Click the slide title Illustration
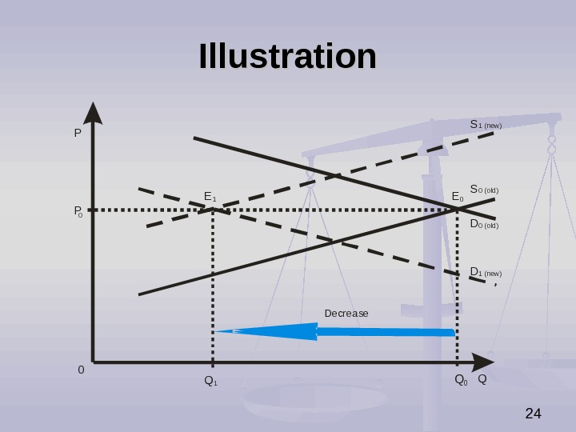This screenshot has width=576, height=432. (x=287, y=57)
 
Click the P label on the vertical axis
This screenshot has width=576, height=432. (x=78, y=134)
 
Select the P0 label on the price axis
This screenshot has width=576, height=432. (x=78, y=211)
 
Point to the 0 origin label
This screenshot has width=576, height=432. (x=81, y=370)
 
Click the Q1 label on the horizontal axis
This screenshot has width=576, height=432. (x=211, y=381)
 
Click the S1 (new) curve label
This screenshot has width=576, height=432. (x=485, y=125)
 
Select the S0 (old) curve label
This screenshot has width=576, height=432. (x=483, y=190)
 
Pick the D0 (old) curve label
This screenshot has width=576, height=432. (x=483, y=225)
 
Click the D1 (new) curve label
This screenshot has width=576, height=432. (x=485, y=272)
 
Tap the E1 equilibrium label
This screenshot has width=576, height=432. (x=210, y=197)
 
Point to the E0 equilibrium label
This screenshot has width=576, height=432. (x=458, y=197)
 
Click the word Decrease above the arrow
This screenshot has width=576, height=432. (x=346, y=313)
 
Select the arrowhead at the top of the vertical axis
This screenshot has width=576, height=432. (x=93, y=113)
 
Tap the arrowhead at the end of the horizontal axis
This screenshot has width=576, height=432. (x=483, y=362)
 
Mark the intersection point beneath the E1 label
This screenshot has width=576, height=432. (x=213, y=210)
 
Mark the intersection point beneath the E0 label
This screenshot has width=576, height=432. (x=458, y=209)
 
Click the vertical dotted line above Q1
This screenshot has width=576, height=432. (x=213, y=288)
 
